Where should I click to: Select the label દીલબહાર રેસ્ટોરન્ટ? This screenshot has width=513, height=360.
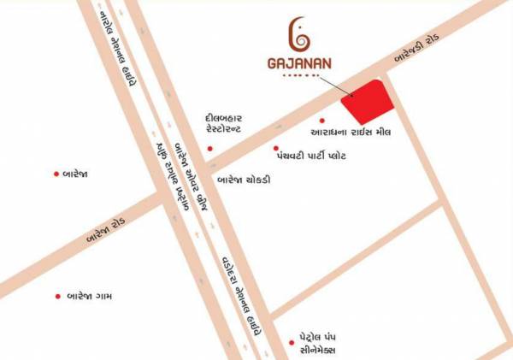[x=225, y=122]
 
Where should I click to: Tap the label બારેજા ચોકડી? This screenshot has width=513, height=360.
[x=244, y=180]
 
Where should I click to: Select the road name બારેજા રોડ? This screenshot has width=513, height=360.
[x=106, y=227]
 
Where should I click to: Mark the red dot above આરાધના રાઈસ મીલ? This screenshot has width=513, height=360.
[x=321, y=121]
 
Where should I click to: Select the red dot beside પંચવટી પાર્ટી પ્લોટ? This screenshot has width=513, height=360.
[x=276, y=148]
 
